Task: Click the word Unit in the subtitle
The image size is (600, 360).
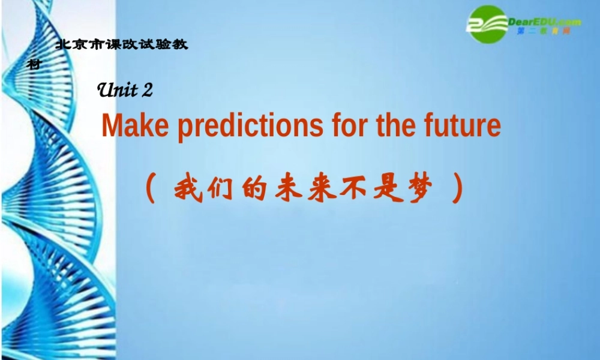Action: click(x=118, y=90)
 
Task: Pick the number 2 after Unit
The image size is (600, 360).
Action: click(x=148, y=91)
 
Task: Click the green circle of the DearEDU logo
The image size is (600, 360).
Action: click(x=487, y=24)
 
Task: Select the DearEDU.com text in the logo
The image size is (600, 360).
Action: click(x=544, y=22)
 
